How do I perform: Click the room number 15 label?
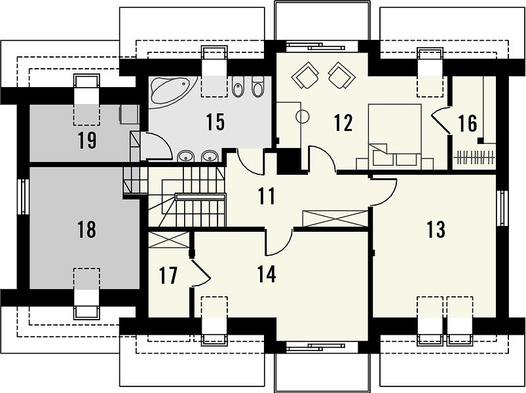(x=215, y=122)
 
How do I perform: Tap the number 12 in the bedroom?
(x=343, y=122)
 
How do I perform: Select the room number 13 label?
(x=436, y=230)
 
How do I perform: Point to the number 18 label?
(x=86, y=230)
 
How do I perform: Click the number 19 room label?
(x=87, y=141)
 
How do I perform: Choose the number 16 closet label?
(x=468, y=123)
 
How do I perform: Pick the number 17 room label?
(x=168, y=276)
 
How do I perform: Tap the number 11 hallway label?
(x=267, y=196)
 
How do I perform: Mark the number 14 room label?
(x=267, y=274)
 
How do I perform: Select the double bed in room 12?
(x=394, y=136)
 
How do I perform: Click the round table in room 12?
(x=302, y=117)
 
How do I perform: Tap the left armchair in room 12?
(x=305, y=75)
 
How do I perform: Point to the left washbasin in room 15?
(x=185, y=156)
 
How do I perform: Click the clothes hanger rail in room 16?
(x=474, y=157)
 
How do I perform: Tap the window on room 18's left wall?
(x=23, y=196)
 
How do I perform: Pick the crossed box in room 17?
(x=169, y=240)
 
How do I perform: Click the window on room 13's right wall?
(x=502, y=208)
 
